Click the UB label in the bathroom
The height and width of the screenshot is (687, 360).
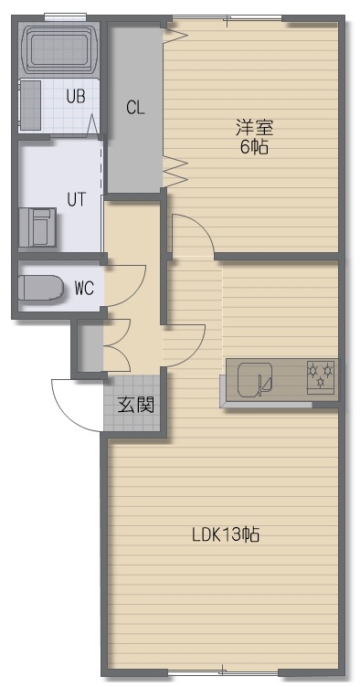pyautogui.click(x=76, y=97)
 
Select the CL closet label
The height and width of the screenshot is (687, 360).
pyautogui.click(x=135, y=108)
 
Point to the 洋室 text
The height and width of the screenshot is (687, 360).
pyautogui.click(x=254, y=128)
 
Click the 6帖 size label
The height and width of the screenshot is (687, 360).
pyautogui.click(x=254, y=147)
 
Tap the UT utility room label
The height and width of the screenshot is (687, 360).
pyautogui.click(x=77, y=199)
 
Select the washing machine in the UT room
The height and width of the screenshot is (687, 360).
pyautogui.click(x=37, y=227)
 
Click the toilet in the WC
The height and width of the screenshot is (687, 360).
pyautogui.click(x=41, y=288)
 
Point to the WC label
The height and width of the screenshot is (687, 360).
pyautogui.click(x=84, y=289)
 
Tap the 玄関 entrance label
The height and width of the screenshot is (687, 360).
pyautogui.click(x=136, y=406)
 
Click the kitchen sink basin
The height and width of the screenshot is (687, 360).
pyautogui.click(x=255, y=378)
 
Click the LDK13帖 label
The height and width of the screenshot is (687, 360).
pyautogui.click(x=226, y=534)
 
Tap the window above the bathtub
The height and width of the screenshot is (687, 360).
pyautogui.click(x=65, y=16)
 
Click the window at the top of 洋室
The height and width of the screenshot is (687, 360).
pyautogui.click(x=227, y=18)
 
